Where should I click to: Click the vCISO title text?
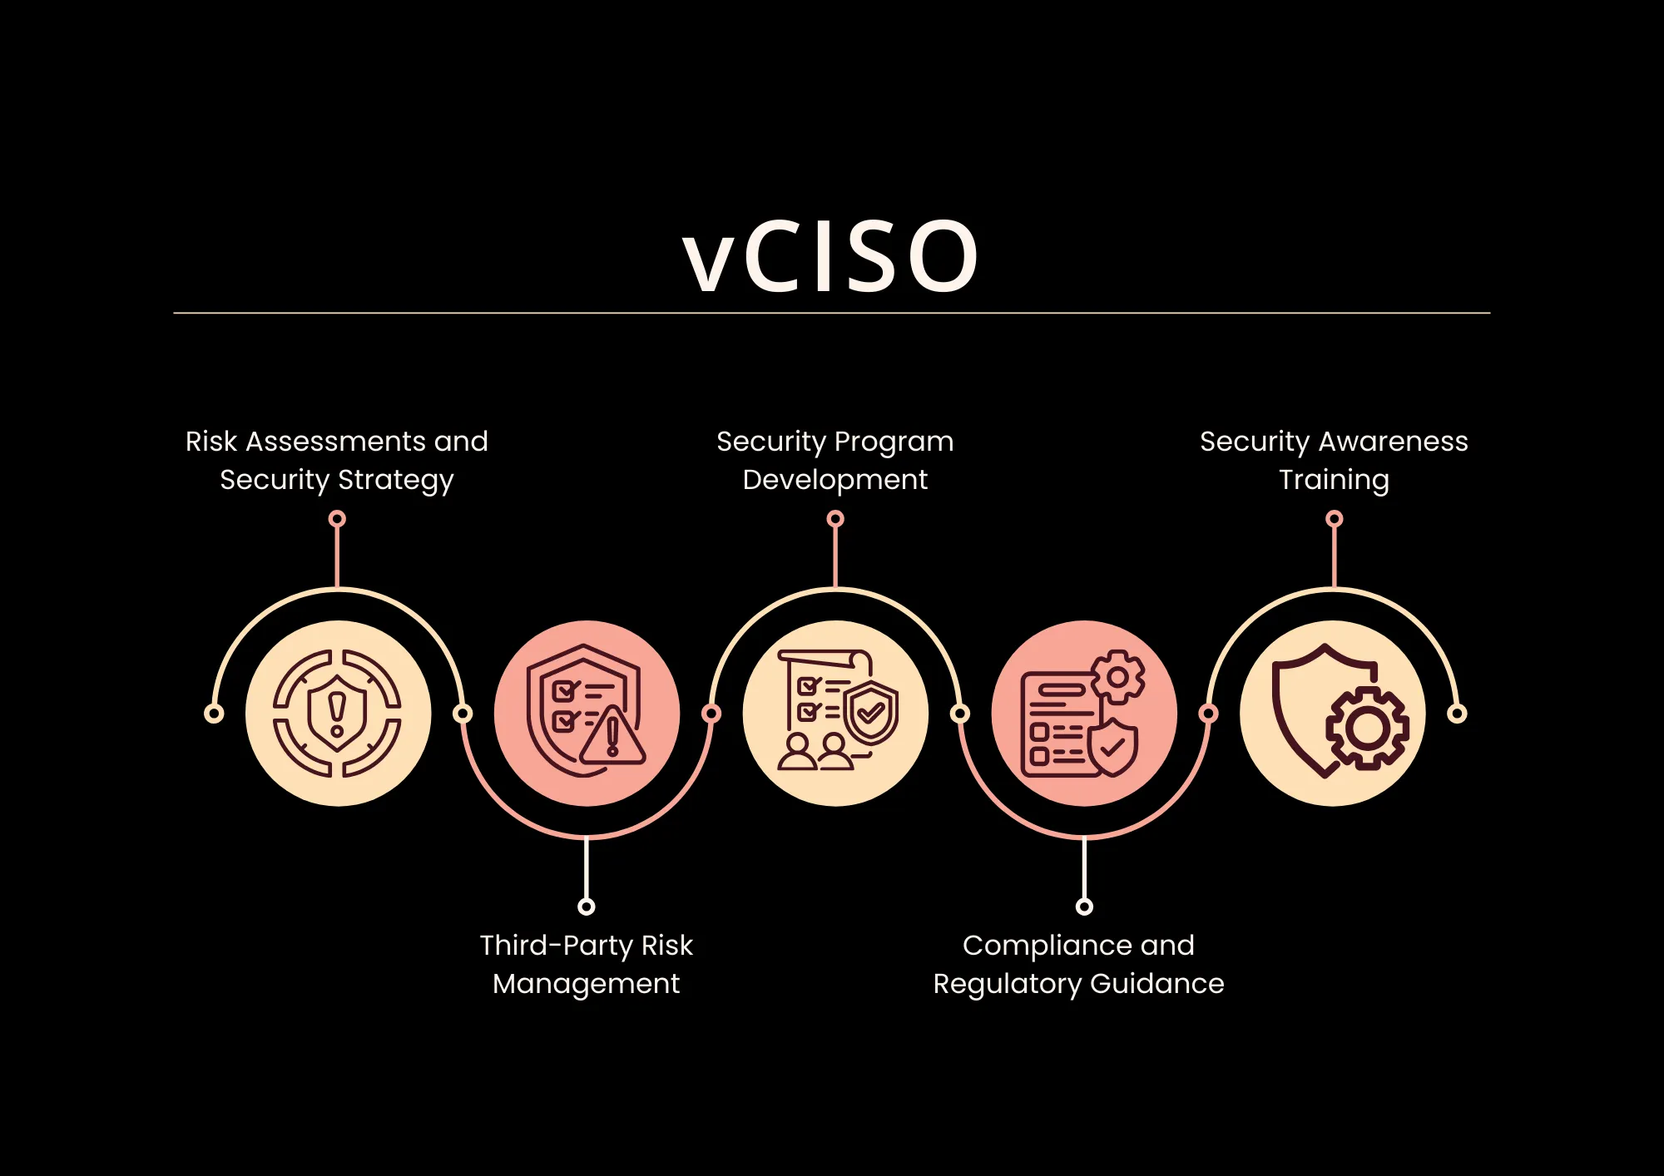[830, 257]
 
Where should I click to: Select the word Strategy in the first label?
[395, 481]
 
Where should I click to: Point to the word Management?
[586, 984]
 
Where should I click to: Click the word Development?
[834, 481]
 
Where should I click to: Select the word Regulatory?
[1007, 985]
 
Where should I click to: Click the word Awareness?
[1394, 442]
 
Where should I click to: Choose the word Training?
[1334, 481]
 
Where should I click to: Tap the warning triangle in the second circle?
[613, 737]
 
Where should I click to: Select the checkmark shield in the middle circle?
[871, 713]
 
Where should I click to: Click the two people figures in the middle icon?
[815, 752]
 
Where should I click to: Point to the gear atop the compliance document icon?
[1117, 677]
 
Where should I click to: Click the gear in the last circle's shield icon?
[1367, 729]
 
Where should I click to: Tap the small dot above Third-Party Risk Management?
[587, 907]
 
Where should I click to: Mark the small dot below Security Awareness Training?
[1335, 519]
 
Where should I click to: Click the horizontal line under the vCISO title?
[832, 314]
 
